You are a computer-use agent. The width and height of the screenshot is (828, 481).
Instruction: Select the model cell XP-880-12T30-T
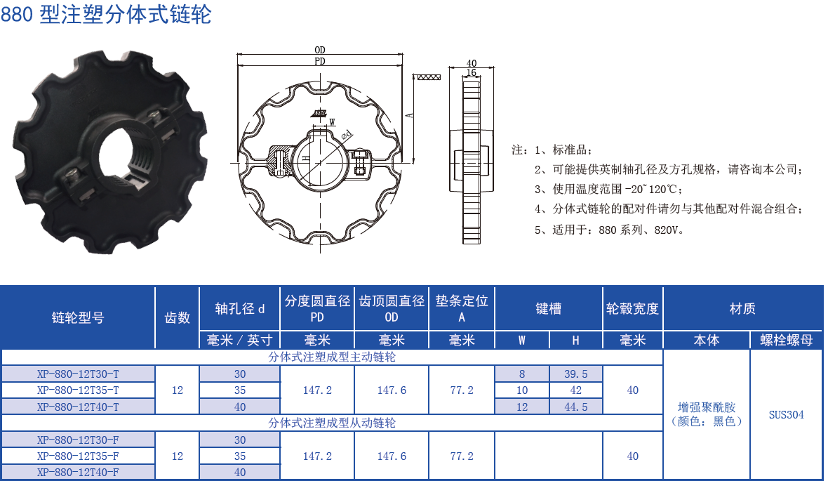[78, 374]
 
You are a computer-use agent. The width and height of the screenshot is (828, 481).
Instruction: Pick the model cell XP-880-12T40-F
[78, 473]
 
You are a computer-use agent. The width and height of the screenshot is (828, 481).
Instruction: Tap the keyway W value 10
[522, 390]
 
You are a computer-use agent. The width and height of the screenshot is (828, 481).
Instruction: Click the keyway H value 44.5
[575, 407]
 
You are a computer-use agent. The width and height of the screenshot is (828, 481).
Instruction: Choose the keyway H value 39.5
[575, 374]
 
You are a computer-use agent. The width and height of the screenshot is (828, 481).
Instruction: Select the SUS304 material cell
[786, 414]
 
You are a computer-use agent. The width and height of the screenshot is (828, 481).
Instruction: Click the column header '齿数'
[178, 317]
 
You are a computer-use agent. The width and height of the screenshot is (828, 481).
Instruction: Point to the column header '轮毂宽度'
[632, 308]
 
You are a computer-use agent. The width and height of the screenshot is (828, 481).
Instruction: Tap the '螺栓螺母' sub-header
[786, 341]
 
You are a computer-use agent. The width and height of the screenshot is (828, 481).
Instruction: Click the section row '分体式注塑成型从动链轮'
[332, 423]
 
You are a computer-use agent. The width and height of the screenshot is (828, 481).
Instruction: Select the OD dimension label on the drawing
[320, 50]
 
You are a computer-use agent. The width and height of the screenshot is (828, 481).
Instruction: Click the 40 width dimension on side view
[472, 63]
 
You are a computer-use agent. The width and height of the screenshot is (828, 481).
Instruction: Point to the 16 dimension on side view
[471, 72]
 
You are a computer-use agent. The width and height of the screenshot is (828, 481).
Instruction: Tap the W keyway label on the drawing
[332, 121]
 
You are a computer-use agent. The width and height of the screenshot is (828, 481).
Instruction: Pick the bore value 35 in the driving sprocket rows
[240, 390]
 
